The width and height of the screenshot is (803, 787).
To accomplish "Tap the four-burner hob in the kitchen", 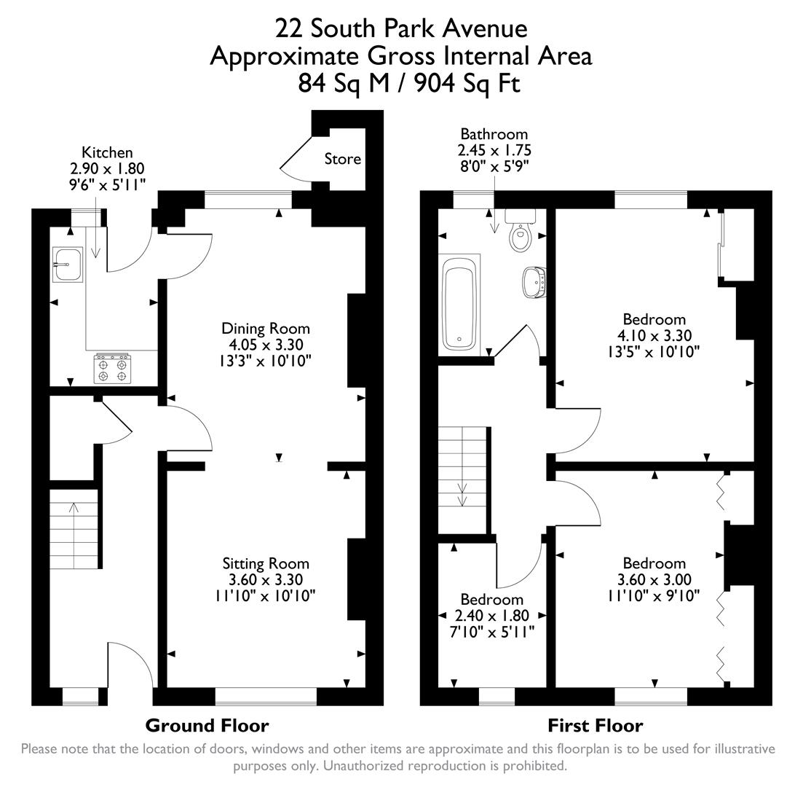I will pos(112,369).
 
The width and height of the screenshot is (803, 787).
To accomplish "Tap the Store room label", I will pos(342,159).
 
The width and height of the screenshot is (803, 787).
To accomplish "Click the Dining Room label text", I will pos(266,329).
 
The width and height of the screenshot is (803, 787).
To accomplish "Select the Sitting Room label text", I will pos(266,563).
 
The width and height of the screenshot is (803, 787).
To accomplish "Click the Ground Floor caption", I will pos(207,726).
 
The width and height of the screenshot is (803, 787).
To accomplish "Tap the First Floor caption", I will pos(595,726).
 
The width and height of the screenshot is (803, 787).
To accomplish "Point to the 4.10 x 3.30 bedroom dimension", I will pos(654,336).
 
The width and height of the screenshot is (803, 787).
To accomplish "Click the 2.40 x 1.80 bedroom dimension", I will pos(492,615).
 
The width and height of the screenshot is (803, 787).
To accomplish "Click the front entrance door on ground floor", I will pos(130,665).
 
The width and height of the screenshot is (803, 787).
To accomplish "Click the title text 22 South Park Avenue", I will pos(400,28).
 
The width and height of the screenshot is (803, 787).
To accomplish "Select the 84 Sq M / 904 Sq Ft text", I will pos(409,83).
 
